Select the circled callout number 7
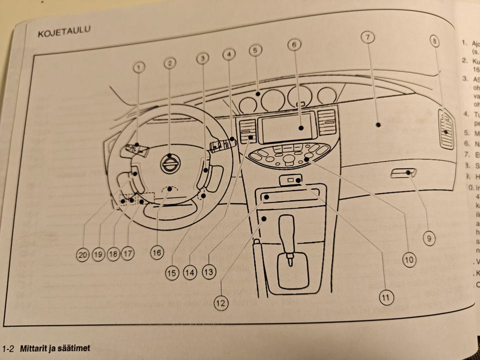coord(367,37)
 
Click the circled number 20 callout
coord(83,254)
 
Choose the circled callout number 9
coord(428,238)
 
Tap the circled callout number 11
coord(385,297)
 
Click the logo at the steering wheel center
coord(170,163)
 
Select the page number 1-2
coord(10,348)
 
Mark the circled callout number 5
coord(255,50)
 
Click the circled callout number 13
coord(208,271)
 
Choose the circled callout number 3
coord(202,59)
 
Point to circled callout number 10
coord(409,259)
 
